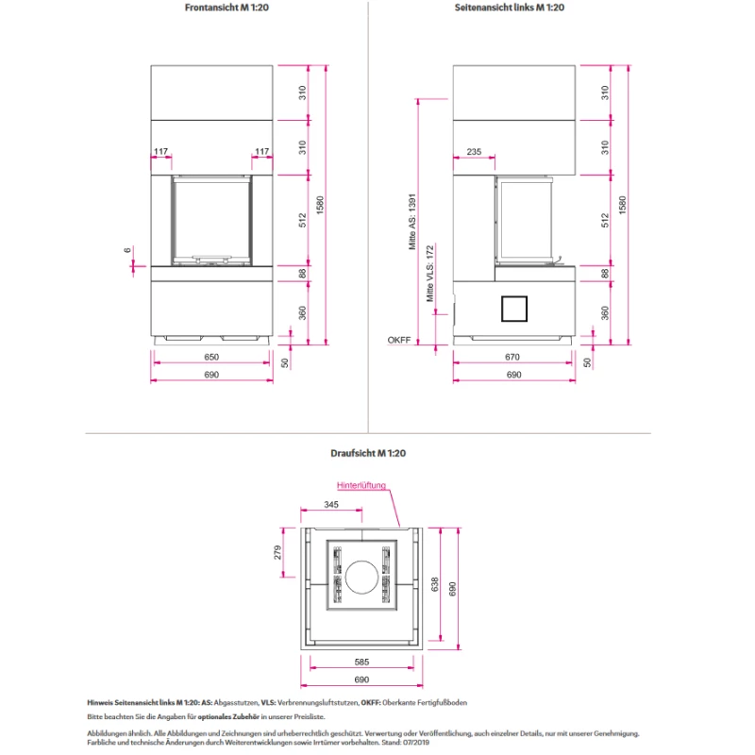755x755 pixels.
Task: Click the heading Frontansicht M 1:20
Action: pyautogui.click(x=226, y=8)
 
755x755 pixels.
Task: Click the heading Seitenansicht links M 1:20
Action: pyautogui.click(x=510, y=8)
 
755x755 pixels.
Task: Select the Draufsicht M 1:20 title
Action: pyautogui.click(x=368, y=453)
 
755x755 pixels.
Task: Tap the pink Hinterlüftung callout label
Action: pyautogui.click(x=361, y=485)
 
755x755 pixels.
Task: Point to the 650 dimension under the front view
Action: pyautogui.click(x=211, y=357)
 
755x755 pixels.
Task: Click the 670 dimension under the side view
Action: pyautogui.click(x=512, y=357)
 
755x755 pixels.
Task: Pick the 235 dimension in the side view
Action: pyautogui.click(x=474, y=152)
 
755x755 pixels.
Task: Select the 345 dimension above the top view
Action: pyautogui.click(x=331, y=505)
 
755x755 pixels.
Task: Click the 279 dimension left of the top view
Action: pyautogui.click(x=277, y=552)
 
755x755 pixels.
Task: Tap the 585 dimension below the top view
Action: pyautogui.click(x=361, y=663)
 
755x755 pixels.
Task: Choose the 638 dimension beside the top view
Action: pyautogui.click(x=435, y=584)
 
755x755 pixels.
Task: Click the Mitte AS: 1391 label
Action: pyautogui.click(x=412, y=222)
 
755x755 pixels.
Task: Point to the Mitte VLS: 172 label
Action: pyautogui.click(x=430, y=274)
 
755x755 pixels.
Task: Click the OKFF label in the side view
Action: pyautogui.click(x=399, y=340)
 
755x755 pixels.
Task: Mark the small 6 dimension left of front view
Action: pyautogui.click(x=127, y=250)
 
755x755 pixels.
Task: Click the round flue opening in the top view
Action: pyautogui.click(x=361, y=577)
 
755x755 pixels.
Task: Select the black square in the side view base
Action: pyautogui.click(x=514, y=309)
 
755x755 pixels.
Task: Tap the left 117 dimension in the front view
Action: pyautogui.click(x=160, y=152)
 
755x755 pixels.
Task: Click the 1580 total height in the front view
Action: pyautogui.click(x=320, y=205)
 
